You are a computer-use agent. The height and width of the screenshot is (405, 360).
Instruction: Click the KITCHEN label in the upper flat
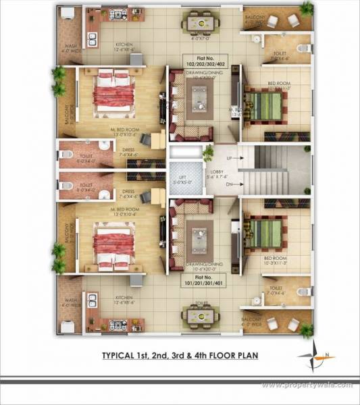tap(126, 47)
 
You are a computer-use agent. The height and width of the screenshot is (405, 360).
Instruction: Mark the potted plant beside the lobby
tap(209, 152)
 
